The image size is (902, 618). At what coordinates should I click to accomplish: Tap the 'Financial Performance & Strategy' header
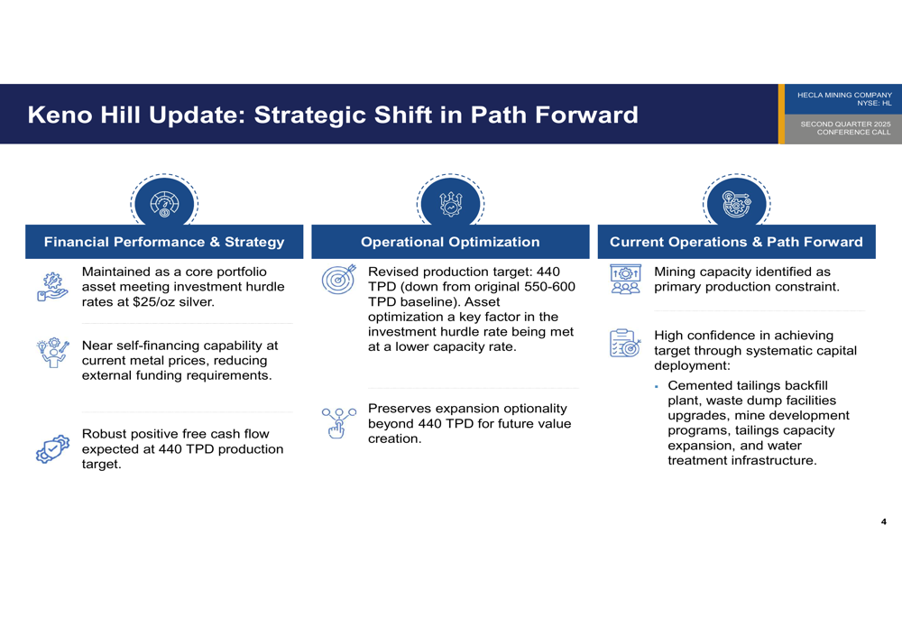[x=164, y=242]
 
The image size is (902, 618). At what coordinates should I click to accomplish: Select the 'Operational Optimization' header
[x=450, y=242]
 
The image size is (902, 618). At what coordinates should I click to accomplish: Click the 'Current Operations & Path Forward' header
[x=736, y=242]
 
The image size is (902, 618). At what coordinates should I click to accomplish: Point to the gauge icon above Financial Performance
[x=164, y=203]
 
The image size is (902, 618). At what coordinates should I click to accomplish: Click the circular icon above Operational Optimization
[x=450, y=203]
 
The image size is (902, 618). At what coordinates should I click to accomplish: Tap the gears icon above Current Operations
[x=736, y=203]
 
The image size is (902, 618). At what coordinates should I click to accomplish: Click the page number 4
[x=884, y=521]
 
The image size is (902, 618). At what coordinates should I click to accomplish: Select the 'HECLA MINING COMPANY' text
[x=844, y=95]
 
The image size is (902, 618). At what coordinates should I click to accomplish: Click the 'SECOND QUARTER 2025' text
[x=846, y=124]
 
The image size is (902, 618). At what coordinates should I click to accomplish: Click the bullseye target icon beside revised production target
[x=339, y=280]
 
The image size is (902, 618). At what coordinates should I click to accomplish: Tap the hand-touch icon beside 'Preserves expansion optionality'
[x=339, y=423]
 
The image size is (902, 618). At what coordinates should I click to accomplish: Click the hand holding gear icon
[x=52, y=287]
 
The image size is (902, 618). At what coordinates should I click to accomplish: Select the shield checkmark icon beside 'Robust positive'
[x=52, y=448]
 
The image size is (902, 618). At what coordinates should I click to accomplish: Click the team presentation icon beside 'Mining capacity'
[x=625, y=280]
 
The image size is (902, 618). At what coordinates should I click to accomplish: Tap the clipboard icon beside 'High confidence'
[x=625, y=343]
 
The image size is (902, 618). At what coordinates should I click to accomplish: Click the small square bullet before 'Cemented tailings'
[x=657, y=387]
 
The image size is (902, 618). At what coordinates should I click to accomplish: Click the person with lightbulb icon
[x=53, y=352]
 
